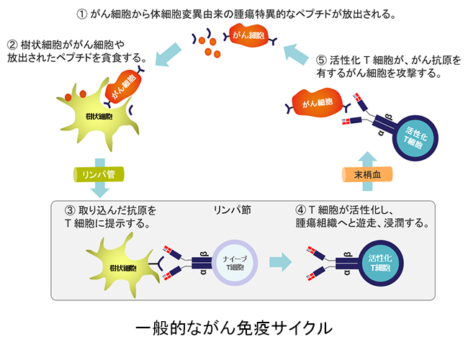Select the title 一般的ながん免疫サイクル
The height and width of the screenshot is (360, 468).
click(234, 326)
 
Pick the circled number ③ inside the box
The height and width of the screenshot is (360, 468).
click(70, 211)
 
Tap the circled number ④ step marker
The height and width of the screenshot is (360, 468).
click(300, 211)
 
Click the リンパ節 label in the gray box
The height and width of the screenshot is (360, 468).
click(231, 210)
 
